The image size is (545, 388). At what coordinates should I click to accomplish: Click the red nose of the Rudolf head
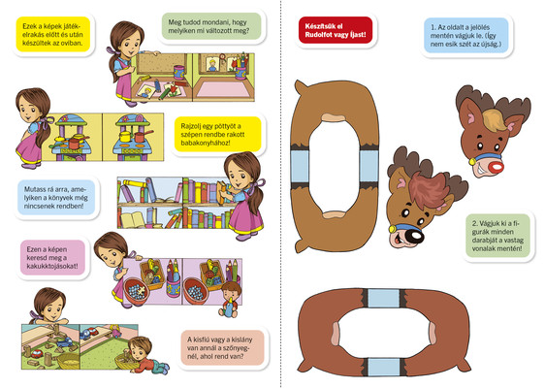pyautogui.click(x=496, y=168)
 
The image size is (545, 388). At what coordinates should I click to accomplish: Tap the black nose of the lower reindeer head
pyautogui.click(x=415, y=237)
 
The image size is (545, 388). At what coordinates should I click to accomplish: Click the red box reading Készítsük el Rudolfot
pyautogui.click(x=336, y=30)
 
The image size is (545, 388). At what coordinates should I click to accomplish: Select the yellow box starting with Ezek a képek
pyautogui.click(x=52, y=34)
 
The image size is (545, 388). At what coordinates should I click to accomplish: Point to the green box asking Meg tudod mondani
pyautogui.click(x=211, y=26)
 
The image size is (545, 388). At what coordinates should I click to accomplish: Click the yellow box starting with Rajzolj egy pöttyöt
pyautogui.click(x=217, y=135)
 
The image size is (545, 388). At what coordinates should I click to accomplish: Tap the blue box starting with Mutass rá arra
pyautogui.click(x=56, y=198)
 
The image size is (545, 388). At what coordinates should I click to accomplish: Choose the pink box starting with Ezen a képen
pyautogui.click(x=52, y=258)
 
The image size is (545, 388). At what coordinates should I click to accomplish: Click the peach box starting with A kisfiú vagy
pyautogui.click(x=222, y=347)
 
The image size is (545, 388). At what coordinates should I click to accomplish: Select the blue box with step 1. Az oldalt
pyautogui.click(x=466, y=36)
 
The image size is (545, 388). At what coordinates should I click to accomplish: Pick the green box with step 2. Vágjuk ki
pyautogui.click(x=497, y=236)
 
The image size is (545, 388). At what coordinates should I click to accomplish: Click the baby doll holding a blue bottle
pyautogui.click(x=230, y=300)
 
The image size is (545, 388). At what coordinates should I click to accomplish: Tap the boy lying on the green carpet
pyautogui.click(x=147, y=356)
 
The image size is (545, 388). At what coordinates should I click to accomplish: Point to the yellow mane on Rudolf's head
pyautogui.click(x=494, y=119)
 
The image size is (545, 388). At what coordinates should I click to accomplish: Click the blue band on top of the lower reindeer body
pyautogui.click(x=384, y=299)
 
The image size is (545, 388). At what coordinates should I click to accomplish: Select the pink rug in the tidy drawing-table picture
pyautogui.click(x=223, y=89)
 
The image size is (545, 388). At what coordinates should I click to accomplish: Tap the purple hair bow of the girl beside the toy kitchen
pyautogui.click(x=47, y=121)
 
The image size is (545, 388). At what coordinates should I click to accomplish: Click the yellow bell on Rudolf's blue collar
pyautogui.click(x=472, y=162)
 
